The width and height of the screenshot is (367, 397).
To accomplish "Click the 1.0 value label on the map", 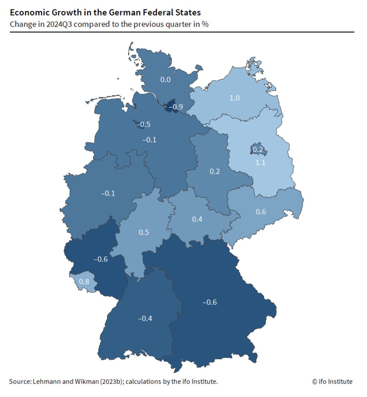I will coord(235,98).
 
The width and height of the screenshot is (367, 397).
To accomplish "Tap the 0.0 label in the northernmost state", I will coord(165,80).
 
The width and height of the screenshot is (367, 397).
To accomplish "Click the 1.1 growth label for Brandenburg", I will coord(260,162).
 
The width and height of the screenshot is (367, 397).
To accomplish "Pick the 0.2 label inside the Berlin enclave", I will coord(258,150).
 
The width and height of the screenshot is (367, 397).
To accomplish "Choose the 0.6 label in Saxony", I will coord(261,212).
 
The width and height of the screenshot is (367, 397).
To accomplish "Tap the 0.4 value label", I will coord(197,219).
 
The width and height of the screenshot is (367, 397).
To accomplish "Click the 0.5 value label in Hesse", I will coord(144,232).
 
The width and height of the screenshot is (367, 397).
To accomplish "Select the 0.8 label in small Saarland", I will coord(84,282).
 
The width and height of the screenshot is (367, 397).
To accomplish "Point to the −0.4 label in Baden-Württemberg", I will coord(145,318).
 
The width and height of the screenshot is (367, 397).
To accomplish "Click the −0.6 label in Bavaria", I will coord(210,302).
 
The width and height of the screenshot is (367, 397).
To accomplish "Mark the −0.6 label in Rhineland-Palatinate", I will coord(101,259).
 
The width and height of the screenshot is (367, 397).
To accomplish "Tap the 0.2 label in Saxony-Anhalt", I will coord(215,171).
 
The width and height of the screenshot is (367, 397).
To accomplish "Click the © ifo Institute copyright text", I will coord(332,381).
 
